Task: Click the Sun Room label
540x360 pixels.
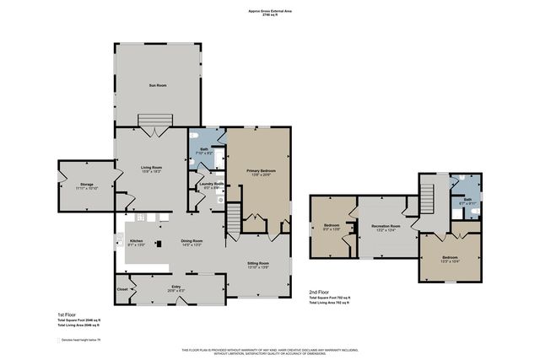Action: point(158,85)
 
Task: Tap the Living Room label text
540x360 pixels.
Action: point(150,169)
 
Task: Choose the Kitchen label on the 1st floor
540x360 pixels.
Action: point(137,241)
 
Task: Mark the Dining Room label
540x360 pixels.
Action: point(192,241)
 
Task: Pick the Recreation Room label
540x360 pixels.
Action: point(386,227)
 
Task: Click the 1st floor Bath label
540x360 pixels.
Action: point(204,150)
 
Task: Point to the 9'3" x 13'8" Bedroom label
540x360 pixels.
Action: point(332,226)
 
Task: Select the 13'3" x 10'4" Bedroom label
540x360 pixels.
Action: point(451,257)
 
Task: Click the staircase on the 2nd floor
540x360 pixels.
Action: point(427,201)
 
